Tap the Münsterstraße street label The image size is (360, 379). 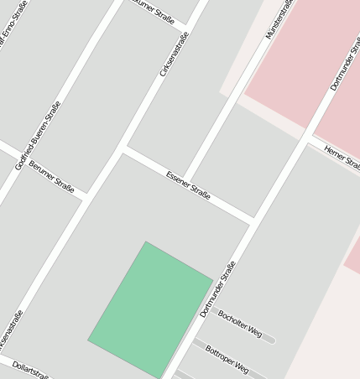click(x=280, y=19)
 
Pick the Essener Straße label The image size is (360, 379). click(x=189, y=185)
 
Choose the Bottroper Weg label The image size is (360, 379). click(x=227, y=359)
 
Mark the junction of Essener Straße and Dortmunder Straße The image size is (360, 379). click(x=251, y=221)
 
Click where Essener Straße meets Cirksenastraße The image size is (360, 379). click(x=123, y=149)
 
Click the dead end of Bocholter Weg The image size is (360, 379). click(x=270, y=340)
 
